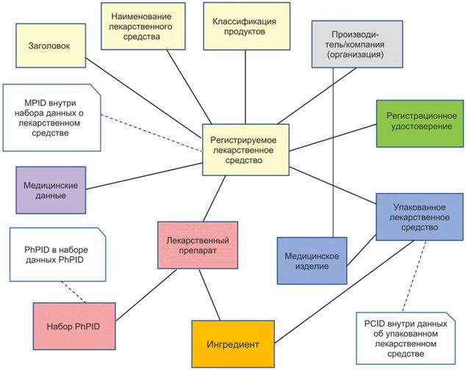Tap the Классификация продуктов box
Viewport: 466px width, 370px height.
240,26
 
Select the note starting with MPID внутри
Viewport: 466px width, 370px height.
51,116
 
